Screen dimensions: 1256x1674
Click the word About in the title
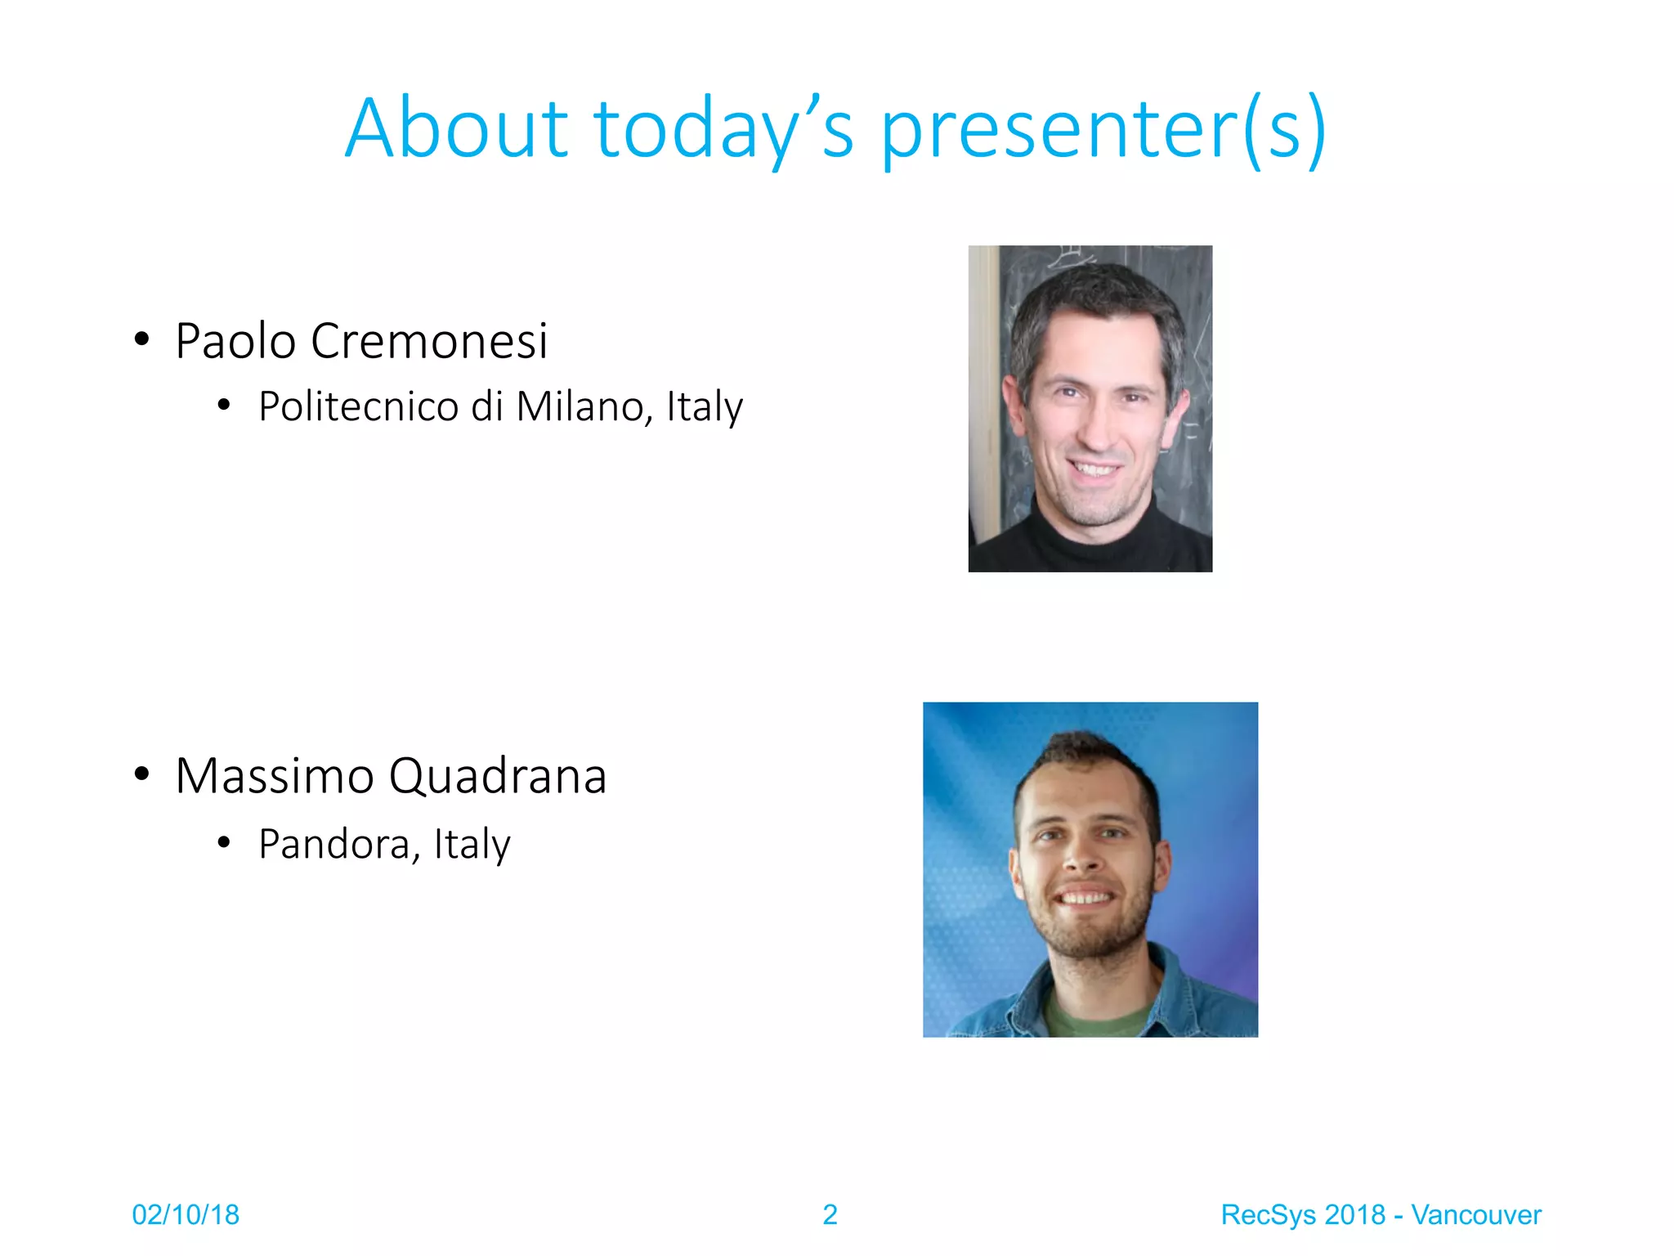[456, 128]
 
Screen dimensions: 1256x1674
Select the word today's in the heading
[723, 128]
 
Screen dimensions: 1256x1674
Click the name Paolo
[235, 341]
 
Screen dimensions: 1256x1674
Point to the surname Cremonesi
[429, 341]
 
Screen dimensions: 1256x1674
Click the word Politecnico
[358, 406]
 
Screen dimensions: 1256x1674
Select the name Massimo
[274, 776]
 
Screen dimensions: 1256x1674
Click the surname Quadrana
[497, 776]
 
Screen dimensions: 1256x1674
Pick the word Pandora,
[339, 844]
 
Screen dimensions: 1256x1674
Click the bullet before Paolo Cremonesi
[142, 339]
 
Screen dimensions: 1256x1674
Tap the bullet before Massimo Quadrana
[142, 774]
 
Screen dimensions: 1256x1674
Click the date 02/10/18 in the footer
[186, 1214]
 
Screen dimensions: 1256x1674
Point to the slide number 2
[830, 1214]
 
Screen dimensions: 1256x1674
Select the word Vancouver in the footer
[1476, 1214]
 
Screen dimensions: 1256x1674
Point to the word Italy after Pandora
[472, 844]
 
